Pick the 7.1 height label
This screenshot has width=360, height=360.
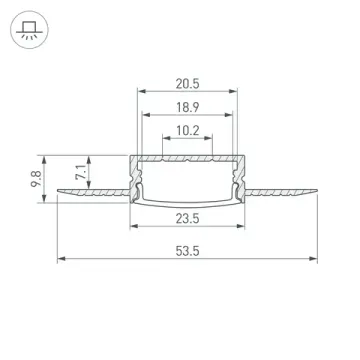83,169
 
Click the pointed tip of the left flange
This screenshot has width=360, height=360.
59,189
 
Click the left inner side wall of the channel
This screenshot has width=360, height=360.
138,180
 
